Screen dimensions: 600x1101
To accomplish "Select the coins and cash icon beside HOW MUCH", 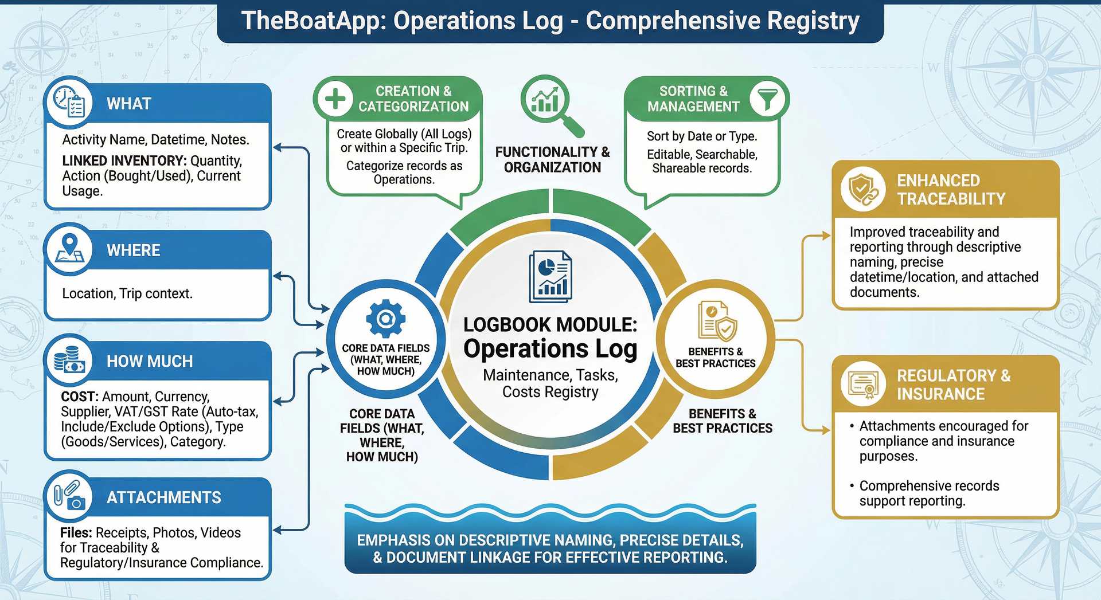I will [69, 360].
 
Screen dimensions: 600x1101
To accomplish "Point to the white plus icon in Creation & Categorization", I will [335, 99].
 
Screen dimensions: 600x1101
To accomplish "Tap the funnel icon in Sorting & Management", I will [767, 99].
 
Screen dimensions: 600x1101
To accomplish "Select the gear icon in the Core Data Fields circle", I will [385, 318].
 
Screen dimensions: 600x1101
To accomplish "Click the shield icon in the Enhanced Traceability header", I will [863, 189].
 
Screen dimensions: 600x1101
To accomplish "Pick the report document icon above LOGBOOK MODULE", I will [550, 276].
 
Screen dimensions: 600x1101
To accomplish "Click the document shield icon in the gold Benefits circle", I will [716, 321].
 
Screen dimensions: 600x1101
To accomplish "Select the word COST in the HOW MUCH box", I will [79, 397].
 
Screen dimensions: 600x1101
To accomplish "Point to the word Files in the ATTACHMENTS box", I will [75, 533].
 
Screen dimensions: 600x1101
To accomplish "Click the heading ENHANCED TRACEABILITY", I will [951, 190].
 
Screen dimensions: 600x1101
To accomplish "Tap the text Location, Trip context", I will [127, 293].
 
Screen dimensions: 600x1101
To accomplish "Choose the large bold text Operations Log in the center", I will [550, 349].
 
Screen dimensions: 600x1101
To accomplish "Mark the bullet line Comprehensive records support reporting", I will [928, 493].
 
